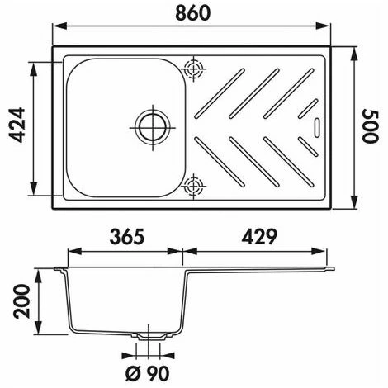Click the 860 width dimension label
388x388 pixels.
192,13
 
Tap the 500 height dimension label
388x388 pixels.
371,126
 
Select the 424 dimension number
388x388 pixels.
17,125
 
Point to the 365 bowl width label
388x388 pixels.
127,237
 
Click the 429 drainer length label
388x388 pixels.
259,237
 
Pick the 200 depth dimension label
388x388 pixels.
21,301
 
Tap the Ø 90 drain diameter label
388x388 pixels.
148,373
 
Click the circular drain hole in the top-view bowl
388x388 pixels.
153,128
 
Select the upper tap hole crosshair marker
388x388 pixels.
194,69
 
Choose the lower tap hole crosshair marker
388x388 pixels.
194,187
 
